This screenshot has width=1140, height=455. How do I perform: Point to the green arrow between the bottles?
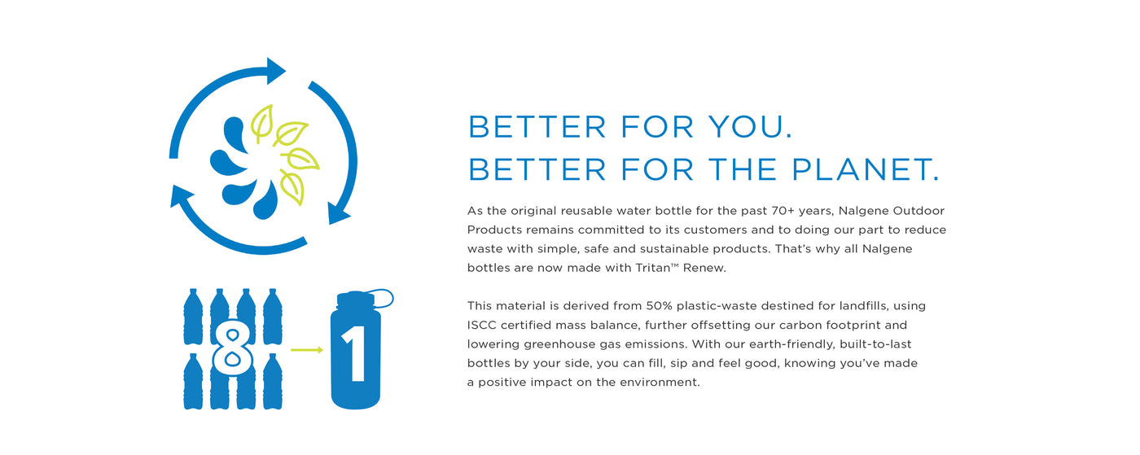(307, 350)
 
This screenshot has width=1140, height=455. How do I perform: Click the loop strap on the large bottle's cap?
(378, 298)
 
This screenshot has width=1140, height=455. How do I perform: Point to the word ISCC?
(481, 325)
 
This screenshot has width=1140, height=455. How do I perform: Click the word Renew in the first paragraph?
(704, 268)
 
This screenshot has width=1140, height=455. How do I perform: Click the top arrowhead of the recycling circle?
(275, 71)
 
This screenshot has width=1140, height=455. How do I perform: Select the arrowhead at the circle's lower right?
(338, 213)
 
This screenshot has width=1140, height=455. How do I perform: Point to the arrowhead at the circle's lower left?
(181, 196)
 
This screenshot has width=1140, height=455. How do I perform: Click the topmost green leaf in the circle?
(262, 123)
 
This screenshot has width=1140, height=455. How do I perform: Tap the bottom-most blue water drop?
(266, 202)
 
